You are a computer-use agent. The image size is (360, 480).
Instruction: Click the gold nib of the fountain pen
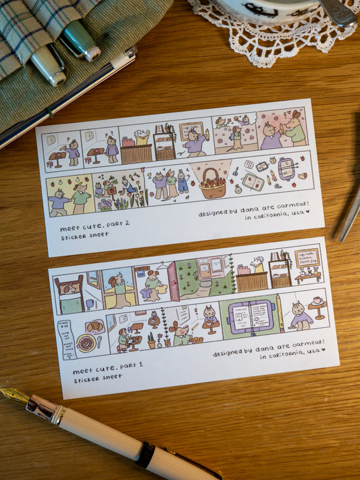coord(15,395)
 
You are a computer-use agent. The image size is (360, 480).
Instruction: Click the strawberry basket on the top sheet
coord(213,183)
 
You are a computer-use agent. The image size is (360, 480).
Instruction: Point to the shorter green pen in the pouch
coord(48,64)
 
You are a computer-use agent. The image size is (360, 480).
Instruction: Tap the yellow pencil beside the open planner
coord(280,314)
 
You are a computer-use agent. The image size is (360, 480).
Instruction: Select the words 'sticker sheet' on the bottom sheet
coord(98,378)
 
